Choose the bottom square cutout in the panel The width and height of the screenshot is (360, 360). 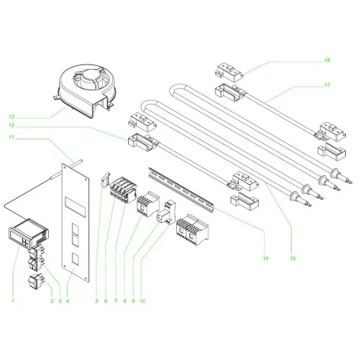click(75, 258)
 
